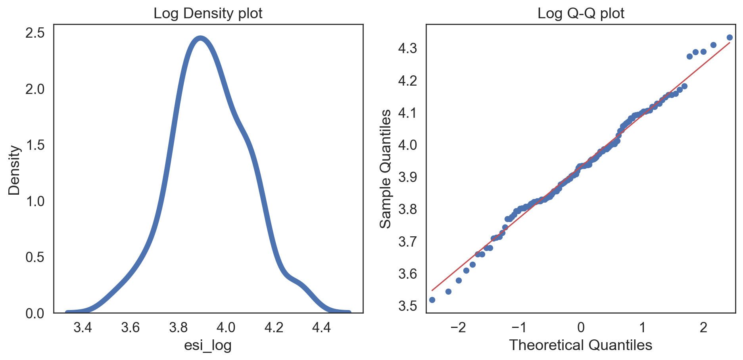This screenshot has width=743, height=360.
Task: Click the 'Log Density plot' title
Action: click(208, 13)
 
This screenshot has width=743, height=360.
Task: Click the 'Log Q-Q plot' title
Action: click(581, 13)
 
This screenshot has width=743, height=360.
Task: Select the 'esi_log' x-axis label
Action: click(208, 345)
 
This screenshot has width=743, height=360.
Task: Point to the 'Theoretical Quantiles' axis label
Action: click(581, 345)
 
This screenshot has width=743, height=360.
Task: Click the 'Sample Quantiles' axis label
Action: click(386, 169)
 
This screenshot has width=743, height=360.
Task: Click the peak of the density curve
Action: click(200, 38)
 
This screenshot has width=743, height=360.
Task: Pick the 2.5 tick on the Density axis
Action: click(35, 33)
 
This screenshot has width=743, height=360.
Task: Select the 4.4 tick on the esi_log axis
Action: click(321, 327)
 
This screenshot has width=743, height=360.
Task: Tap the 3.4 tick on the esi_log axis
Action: click(83, 327)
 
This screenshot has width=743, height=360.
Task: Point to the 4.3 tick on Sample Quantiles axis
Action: click(407, 49)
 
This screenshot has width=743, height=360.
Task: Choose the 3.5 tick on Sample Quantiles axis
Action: click(407, 306)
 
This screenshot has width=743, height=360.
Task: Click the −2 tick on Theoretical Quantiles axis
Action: click(458, 327)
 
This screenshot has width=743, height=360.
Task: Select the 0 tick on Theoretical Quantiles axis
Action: click(581, 327)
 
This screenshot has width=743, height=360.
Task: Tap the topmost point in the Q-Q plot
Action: click(729, 38)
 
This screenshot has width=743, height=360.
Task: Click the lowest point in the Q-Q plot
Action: click(432, 300)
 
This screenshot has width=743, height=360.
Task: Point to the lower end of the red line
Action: click(432, 291)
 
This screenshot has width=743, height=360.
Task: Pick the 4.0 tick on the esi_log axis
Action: click(226, 327)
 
